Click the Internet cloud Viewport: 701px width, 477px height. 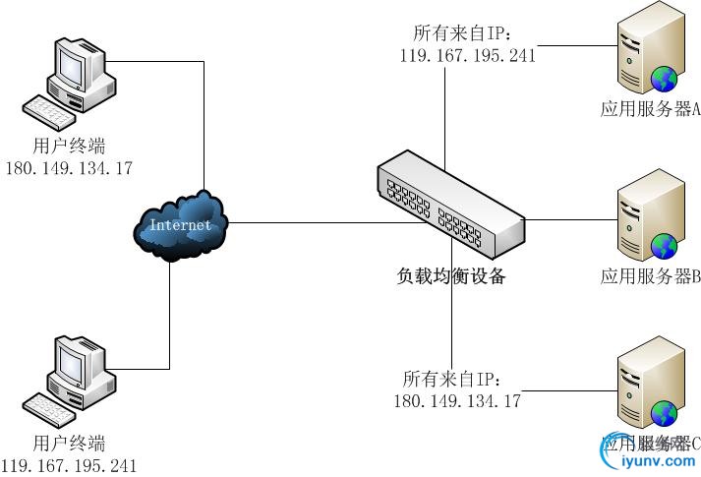[x=180, y=225]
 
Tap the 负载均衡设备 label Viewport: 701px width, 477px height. [x=451, y=276]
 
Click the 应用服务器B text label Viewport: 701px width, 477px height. [x=650, y=277]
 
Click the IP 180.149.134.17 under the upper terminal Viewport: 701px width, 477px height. [x=69, y=168]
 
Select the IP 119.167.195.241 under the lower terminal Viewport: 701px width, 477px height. [x=69, y=465]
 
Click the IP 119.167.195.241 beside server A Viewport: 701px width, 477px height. [x=468, y=55]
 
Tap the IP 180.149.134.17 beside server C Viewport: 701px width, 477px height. [x=457, y=400]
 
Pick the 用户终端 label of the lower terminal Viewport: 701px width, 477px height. [x=69, y=443]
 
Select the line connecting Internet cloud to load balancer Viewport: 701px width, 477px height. [x=305, y=222]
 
